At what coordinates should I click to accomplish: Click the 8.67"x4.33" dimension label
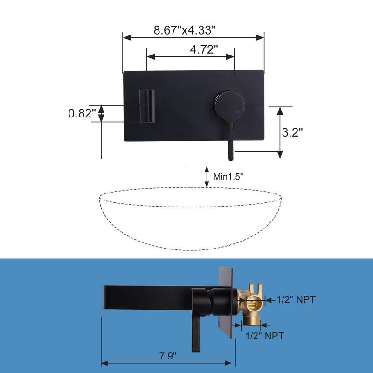[x=185, y=30]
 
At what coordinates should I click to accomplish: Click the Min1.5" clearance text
[x=228, y=176]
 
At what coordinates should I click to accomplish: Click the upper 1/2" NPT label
[x=296, y=300]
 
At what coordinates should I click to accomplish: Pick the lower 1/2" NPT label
[x=265, y=335]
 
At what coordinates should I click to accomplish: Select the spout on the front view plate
[x=146, y=106]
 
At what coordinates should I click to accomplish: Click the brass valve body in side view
[x=250, y=305]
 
